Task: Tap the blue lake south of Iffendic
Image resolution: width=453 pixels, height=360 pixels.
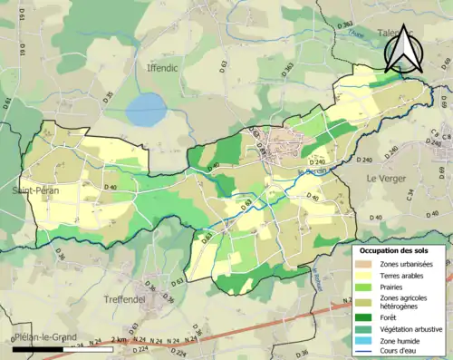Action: point(146,111)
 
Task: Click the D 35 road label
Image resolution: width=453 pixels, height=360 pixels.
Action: point(108,96)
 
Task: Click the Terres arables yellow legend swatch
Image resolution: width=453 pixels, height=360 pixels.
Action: point(367,275)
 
